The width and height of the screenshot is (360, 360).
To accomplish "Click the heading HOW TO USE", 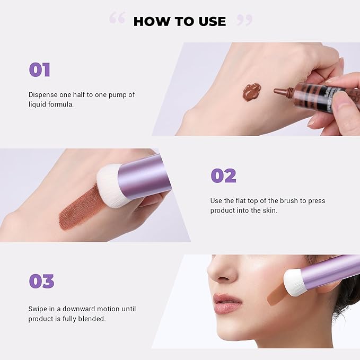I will [x=179, y=21].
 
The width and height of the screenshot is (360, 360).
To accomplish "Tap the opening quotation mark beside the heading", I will [x=117, y=19].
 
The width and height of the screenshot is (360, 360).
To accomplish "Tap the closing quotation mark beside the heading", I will [x=244, y=20].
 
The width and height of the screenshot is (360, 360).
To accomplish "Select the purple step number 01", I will [x=39, y=70].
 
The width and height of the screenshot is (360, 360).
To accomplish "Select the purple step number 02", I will [x=223, y=176].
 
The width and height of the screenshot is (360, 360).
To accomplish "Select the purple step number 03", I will [x=41, y=281].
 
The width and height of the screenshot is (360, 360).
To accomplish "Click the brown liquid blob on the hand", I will [x=251, y=92].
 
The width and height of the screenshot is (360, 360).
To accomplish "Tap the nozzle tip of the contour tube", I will [x=277, y=91].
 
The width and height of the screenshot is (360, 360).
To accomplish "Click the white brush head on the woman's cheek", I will [x=294, y=282].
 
